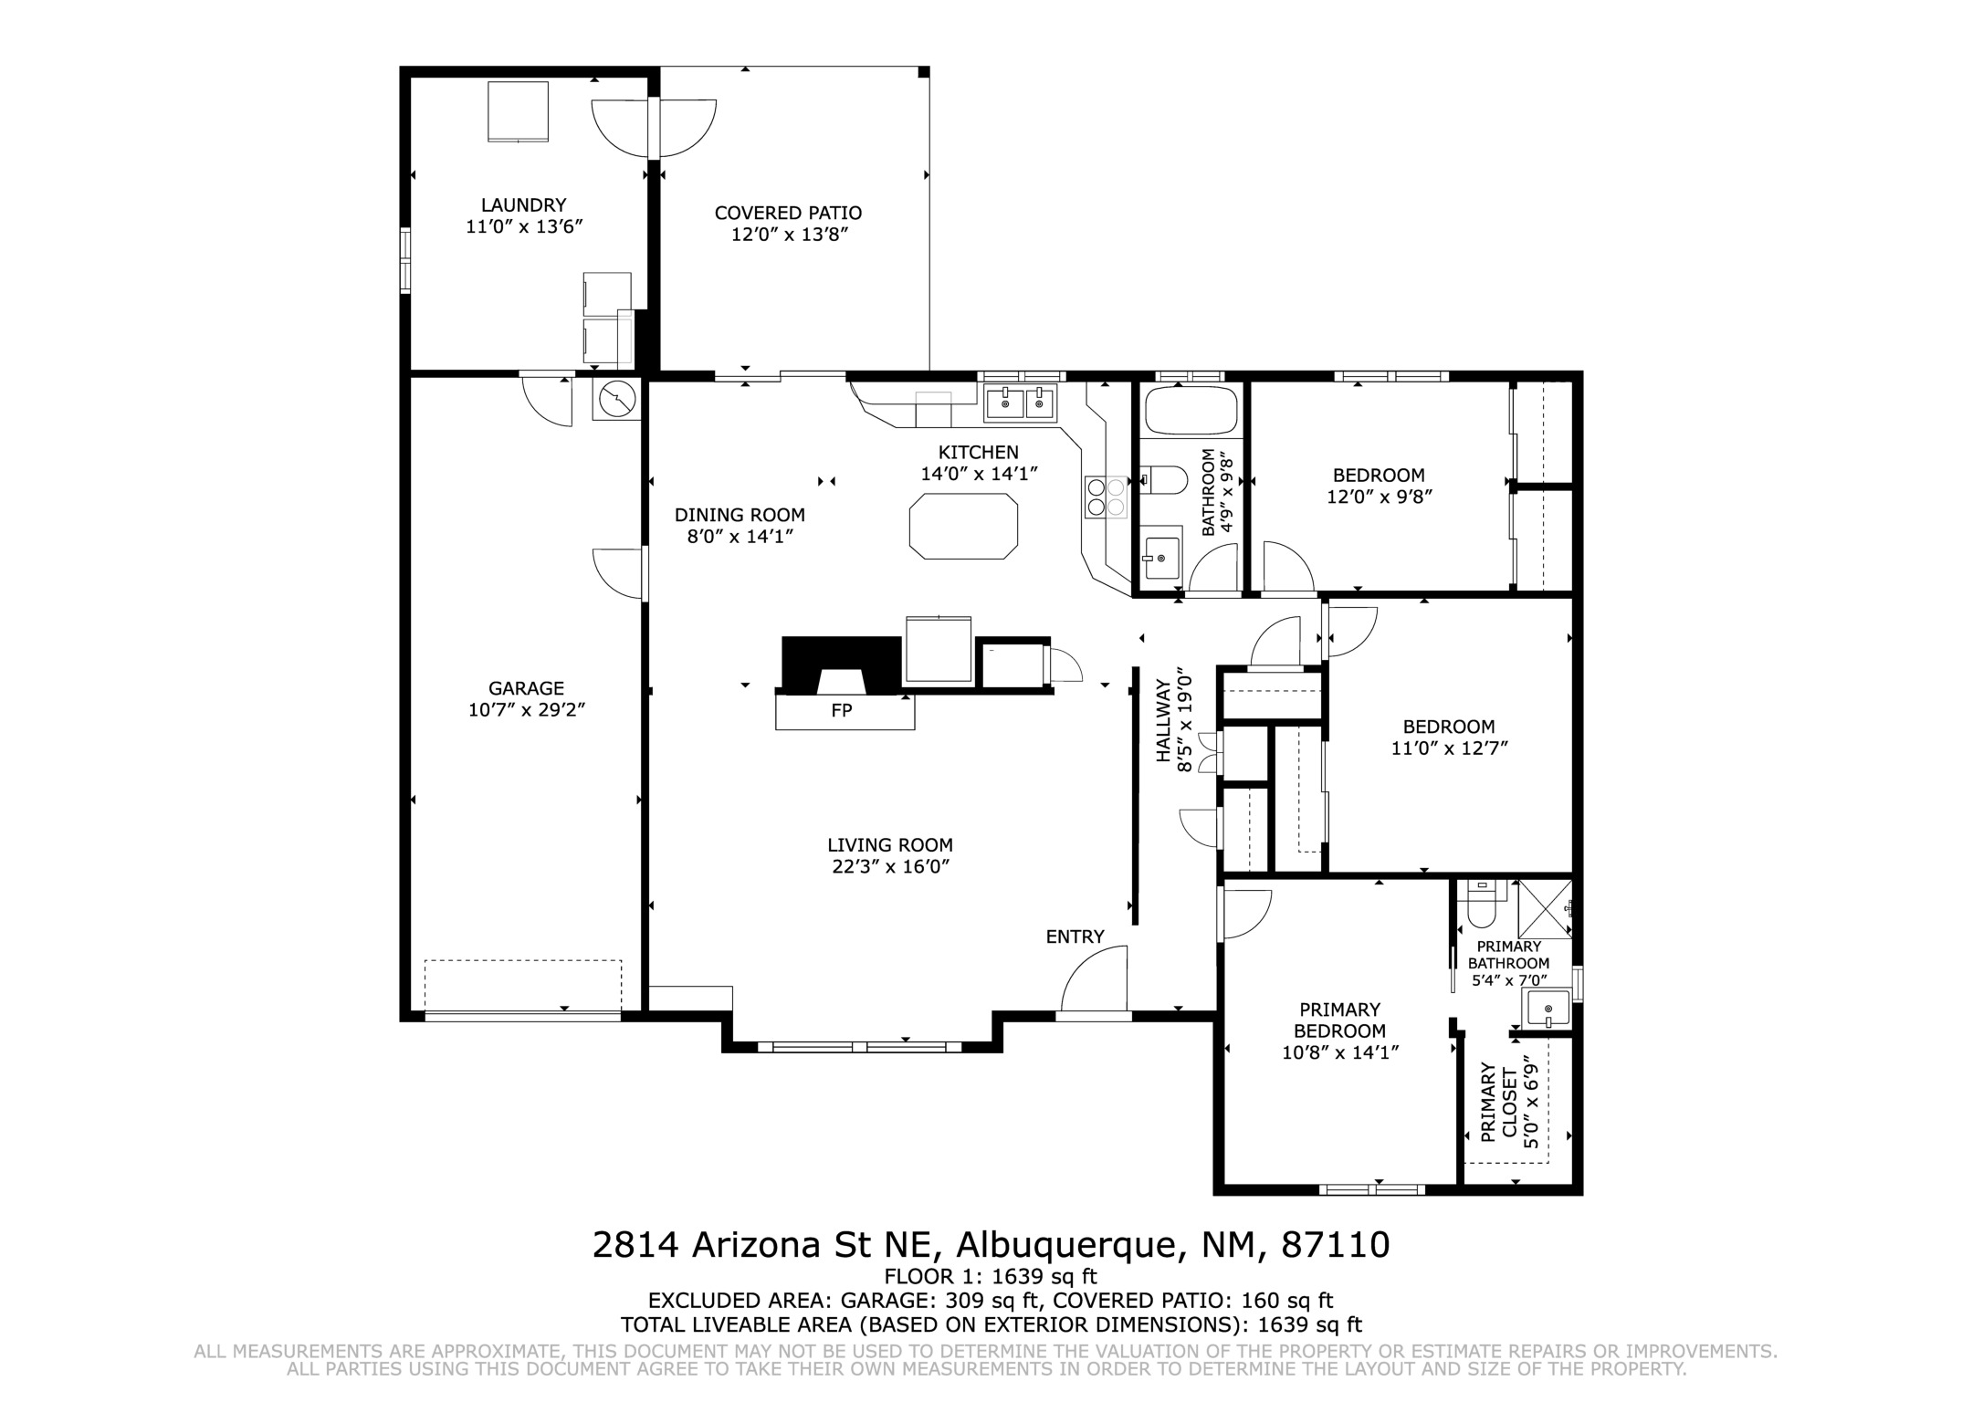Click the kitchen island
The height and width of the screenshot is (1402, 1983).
tap(963, 526)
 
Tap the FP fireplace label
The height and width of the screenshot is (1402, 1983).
tap(842, 710)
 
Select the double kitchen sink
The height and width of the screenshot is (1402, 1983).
tap(1021, 403)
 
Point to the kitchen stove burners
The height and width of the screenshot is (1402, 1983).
tap(1106, 497)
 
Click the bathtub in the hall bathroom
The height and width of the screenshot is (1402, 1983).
tap(1191, 411)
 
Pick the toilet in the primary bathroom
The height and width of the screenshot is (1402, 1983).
tap(1481, 903)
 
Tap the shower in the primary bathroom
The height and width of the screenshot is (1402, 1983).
tap(1545, 909)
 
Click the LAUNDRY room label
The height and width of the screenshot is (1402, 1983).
tap(524, 205)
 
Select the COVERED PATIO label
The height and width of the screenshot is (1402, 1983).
tap(788, 213)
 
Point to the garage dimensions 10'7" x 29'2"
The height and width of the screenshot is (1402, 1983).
tap(527, 710)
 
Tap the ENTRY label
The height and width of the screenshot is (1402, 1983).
tap(1075, 936)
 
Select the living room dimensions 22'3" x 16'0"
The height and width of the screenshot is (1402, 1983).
tap(890, 867)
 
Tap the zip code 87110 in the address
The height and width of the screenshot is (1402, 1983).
tap(1336, 1245)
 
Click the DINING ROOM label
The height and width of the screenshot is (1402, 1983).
tap(740, 516)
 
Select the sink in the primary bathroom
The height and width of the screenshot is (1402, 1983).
tap(1546, 1009)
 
